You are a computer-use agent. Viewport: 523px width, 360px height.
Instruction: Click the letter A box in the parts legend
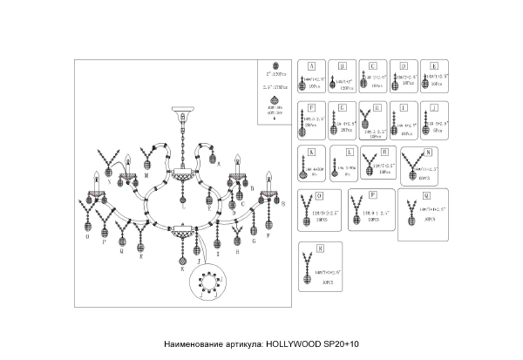pyautogui.click(x=311, y=65)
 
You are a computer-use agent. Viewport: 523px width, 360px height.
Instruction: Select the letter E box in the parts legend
pyautogui.click(x=434, y=65)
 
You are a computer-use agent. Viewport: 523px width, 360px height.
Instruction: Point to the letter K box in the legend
pyautogui.click(x=311, y=151)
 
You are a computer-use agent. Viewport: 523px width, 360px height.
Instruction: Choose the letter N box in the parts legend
pyautogui.click(x=427, y=151)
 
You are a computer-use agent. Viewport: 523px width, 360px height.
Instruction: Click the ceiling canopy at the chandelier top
pyautogui.click(x=181, y=114)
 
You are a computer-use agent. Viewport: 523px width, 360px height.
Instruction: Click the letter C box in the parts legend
pyautogui.click(x=372, y=65)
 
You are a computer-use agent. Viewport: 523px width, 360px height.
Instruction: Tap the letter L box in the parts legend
pyautogui.click(x=346, y=151)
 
